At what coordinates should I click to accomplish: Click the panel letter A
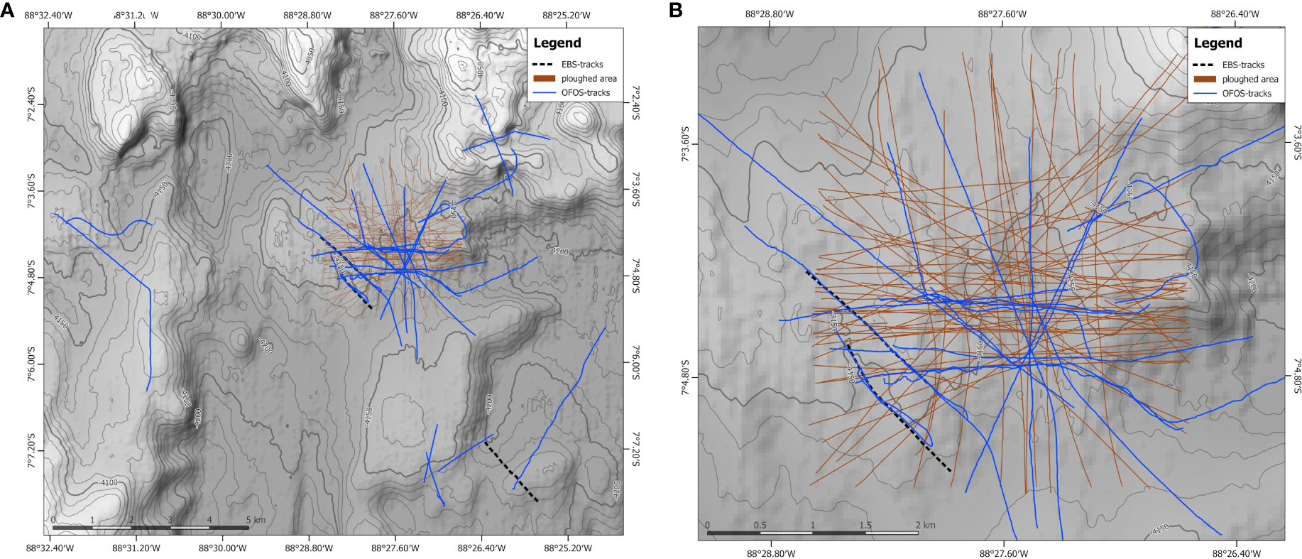8,10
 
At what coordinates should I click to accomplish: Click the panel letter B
675,10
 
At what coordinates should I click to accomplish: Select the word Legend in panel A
557,43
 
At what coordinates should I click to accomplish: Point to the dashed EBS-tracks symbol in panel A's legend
542,64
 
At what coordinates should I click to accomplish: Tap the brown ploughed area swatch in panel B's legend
1205,80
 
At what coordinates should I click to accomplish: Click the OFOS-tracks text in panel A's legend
585,92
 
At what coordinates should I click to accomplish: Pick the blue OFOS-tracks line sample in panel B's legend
1205,93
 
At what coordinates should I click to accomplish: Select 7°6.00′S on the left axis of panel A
31,364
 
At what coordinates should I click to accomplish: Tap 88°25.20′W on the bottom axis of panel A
567,548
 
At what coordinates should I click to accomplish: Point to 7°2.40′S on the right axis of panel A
635,103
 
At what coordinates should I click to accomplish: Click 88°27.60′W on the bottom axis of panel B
1003,553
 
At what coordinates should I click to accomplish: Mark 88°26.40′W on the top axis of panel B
1235,14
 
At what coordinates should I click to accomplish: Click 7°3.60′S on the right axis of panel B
1296,143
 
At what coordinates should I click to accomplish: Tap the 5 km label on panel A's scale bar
255,520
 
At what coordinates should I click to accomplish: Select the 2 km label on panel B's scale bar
924,526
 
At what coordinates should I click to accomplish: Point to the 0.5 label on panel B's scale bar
760,526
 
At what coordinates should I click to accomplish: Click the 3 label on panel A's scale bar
170,520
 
